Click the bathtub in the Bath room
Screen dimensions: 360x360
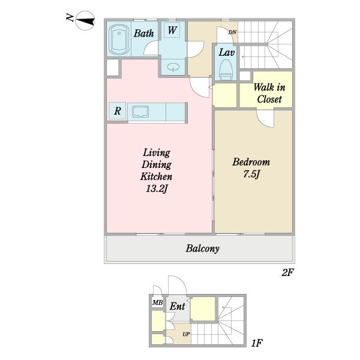click(119, 40)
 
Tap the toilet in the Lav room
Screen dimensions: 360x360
click(226, 70)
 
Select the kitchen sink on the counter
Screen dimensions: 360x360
click(140, 112)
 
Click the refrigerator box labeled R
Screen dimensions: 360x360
click(118, 111)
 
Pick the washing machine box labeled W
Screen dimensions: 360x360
click(172, 30)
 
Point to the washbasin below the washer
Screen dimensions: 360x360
click(173, 67)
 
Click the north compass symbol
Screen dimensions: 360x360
click(85, 20)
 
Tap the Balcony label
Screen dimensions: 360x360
click(203, 248)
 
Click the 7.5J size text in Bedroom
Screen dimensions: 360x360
click(251, 174)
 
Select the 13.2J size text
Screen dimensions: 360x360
click(157, 189)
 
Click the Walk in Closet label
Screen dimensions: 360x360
click(269, 93)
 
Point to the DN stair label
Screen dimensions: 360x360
click(232, 32)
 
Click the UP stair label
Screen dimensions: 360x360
click(186, 334)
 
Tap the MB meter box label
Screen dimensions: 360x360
click(157, 302)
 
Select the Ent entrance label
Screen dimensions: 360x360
click(177, 306)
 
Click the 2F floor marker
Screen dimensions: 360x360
click(287, 272)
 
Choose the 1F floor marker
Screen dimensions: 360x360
click(256, 343)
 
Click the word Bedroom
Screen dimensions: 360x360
click(251, 162)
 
